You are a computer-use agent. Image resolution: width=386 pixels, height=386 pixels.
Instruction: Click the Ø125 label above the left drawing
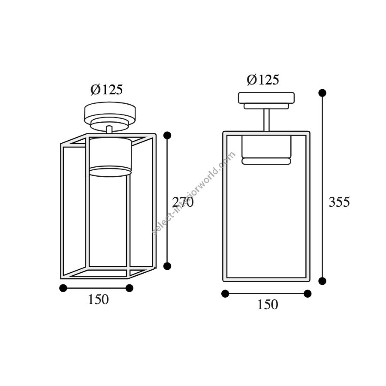pyautogui.click(x=106, y=90)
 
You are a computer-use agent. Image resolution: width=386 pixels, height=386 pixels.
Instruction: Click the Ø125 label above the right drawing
pyautogui.click(x=263, y=80)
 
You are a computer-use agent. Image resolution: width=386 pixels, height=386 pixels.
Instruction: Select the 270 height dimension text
pyautogui.click(x=183, y=202)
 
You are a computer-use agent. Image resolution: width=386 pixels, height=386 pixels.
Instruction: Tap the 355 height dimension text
pyautogui.click(x=339, y=202)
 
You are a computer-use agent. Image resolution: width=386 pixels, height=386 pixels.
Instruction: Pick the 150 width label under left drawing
pyautogui.click(x=98, y=300)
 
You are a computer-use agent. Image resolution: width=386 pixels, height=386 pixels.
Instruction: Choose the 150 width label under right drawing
pyautogui.click(x=268, y=305)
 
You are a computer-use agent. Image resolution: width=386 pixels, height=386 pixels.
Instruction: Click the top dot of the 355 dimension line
pyautogui.click(x=322, y=93)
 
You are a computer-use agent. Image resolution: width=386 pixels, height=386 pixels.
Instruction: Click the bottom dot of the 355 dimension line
pyautogui.click(x=322, y=281)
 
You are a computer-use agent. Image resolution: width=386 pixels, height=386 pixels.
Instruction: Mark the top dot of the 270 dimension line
pyautogui.click(x=167, y=135)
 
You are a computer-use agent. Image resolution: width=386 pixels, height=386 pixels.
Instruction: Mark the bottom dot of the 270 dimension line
pyautogui.click(x=167, y=266)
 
